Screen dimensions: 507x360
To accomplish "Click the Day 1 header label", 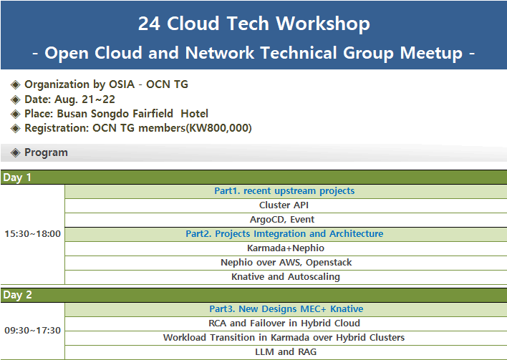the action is pos(17,177).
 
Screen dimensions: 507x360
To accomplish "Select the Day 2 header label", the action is pos(17,295).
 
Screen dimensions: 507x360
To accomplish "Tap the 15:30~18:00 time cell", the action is pos(33,233).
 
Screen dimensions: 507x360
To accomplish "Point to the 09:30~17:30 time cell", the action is pos(33,330).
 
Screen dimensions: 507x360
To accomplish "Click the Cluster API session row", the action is pos(284,205).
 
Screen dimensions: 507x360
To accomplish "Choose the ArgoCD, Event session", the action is pos(282,220).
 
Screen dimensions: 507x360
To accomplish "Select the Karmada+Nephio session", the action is pos(286,248).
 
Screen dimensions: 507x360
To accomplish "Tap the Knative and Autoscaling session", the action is pos(286,277).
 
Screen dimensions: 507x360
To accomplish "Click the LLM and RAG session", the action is pos(286,351).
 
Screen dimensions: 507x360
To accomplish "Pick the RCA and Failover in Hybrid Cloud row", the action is pos(284,323).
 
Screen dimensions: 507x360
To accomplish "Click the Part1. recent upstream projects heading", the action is pos(284,191).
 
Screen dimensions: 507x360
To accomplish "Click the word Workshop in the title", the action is pos(323,24).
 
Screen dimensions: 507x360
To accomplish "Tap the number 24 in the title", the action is pos(149,24).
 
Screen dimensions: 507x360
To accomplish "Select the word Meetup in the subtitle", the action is pos(431,54).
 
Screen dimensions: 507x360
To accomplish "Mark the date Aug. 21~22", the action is pos(84,99).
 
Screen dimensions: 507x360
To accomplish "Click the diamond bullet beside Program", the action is pos(15,152).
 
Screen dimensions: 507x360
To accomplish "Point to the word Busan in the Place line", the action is pos(72,114).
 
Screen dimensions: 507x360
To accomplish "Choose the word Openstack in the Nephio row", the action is pos(329,263).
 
